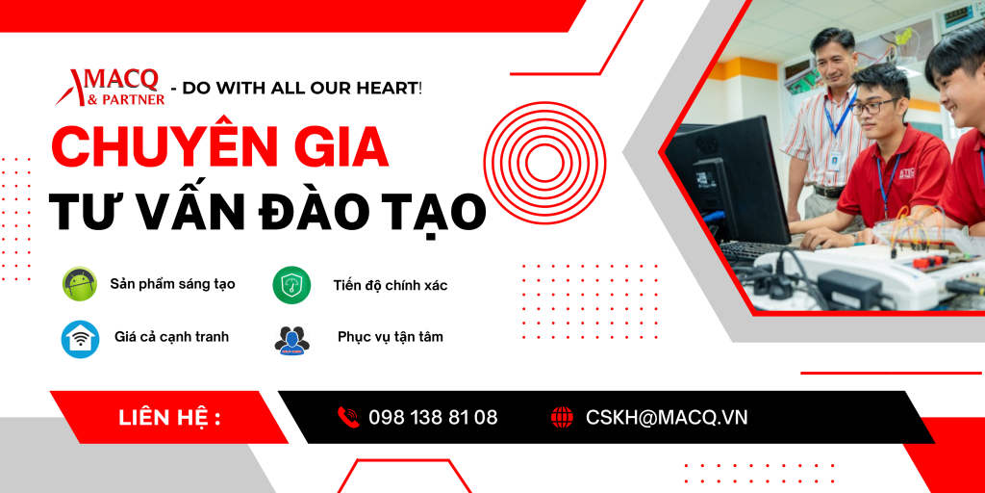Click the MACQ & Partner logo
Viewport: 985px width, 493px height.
(x=110, y=88)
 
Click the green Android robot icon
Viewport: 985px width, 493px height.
(x=80, y=284)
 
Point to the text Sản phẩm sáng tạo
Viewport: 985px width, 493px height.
(x=173, y=284)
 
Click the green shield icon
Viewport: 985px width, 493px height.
(x=291, y=285)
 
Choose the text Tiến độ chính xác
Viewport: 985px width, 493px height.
(x=391, y=285)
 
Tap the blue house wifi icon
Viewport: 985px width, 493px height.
(x=80, y=338)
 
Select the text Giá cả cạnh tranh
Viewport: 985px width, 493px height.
(x=171, y=337)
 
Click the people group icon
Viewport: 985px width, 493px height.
(x=292, y=340)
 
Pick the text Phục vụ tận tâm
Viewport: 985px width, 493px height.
(x=391, y=337)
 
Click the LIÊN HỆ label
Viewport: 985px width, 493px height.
(x=169, y=418)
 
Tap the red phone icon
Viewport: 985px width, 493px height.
(x=348, y=418)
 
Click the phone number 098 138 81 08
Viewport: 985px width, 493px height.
(x=433, y=418)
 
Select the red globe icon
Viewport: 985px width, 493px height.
(x=562, y=418)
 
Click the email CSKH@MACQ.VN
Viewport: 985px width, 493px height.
(x=667, y=418)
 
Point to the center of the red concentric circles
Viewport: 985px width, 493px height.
(x=544, y=164)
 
